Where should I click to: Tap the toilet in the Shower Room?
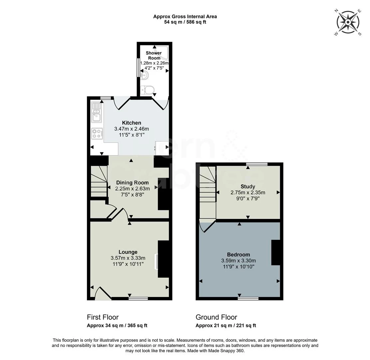pyautogui.click(x=147, y=90)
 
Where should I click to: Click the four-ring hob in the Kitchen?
pyautogui.click(x=97, y=133)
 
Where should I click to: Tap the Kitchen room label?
pyautogui.click(x=131, y=123)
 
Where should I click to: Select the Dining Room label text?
pyautogui.click(x=132, y=183)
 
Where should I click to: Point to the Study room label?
pyautogui.click(x=247, y=187)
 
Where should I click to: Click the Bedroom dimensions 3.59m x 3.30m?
pyautogui.click(x=238, y=261)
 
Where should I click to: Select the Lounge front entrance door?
pyautogui.click(x=102, y=294)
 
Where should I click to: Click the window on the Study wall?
pyautogui.click(x=257, y=164)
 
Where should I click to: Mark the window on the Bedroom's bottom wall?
pyautogui.click(x=248, y=298)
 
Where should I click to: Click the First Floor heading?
pyautogui.click(x=103, y=317)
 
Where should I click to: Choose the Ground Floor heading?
pyautogui.click(x=216, y=317)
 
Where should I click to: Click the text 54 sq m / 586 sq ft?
pyautogui.click(x=185, y=22)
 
